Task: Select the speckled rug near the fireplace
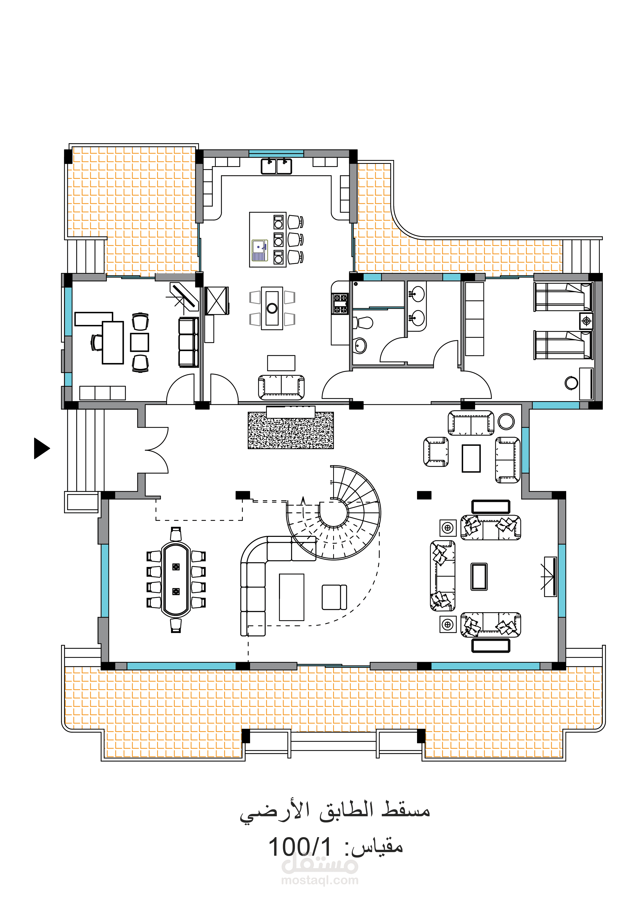291,430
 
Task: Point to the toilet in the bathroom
363,323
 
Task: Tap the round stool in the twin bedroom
571,383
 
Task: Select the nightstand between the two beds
586,321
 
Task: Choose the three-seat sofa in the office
188,343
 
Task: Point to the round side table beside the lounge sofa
506,421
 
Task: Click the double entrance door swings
157,450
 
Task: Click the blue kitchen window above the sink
276,153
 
